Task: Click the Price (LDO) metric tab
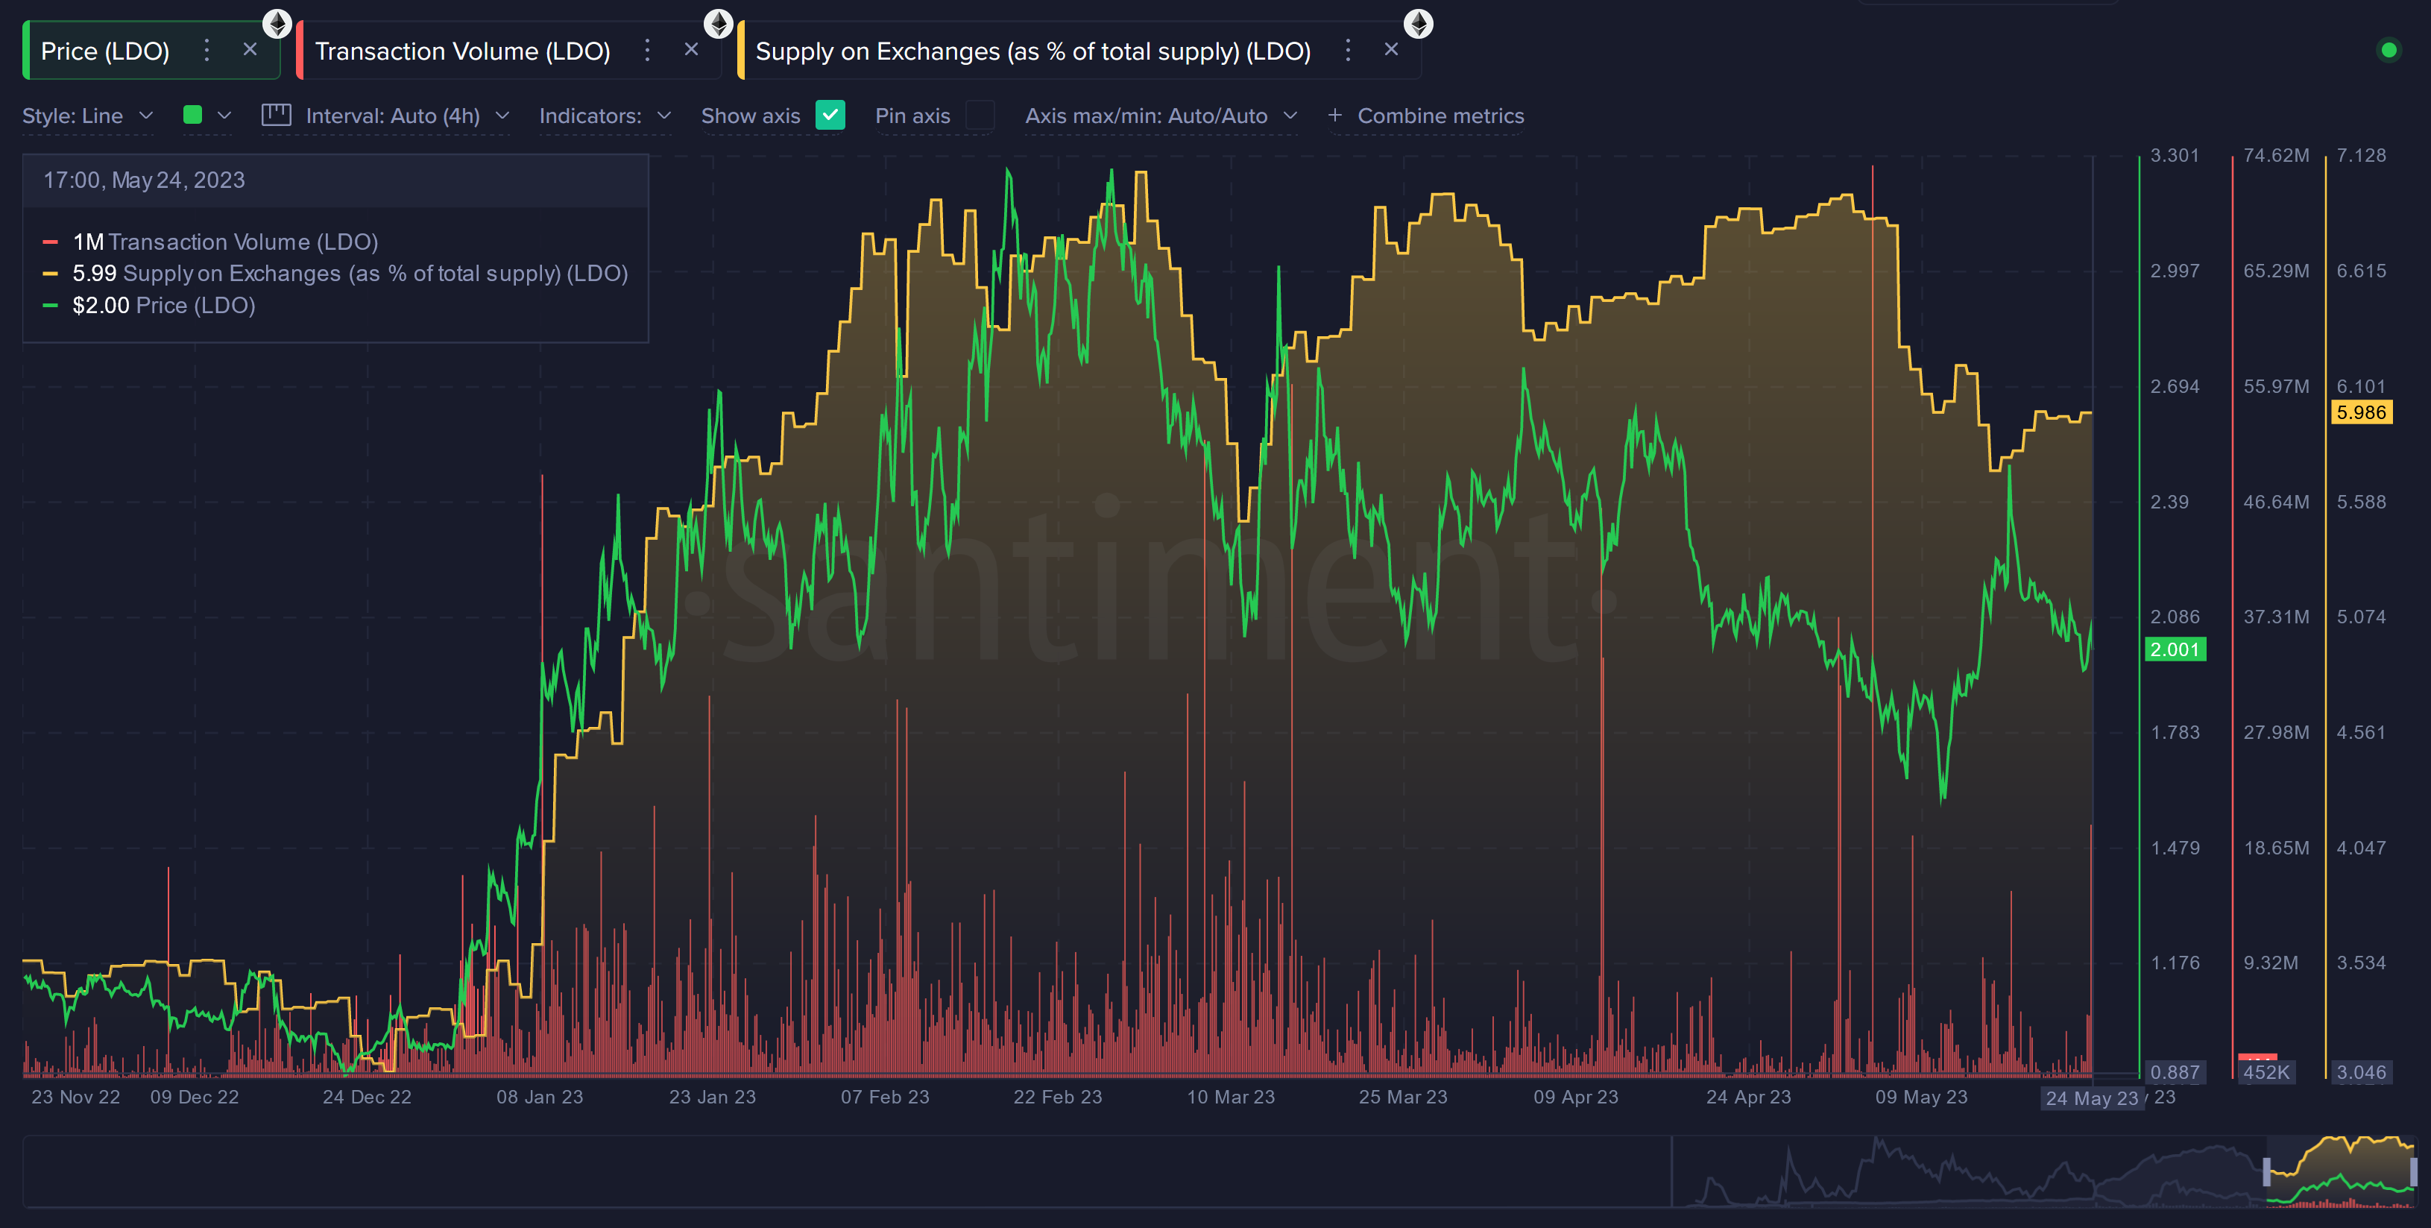point(105,51)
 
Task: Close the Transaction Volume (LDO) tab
point(692,49)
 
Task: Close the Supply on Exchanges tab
point(1391,49)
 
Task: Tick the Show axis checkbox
point(830,115)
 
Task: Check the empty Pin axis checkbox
point(980,115)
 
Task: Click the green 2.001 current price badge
point(2175,649)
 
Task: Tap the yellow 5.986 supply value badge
point(2360,412)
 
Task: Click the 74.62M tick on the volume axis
point(2275,156)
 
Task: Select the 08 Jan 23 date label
point(540,1097)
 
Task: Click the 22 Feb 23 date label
point(1057,1097)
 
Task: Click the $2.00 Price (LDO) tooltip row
point(163,306)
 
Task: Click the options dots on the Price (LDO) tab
point(206,50)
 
